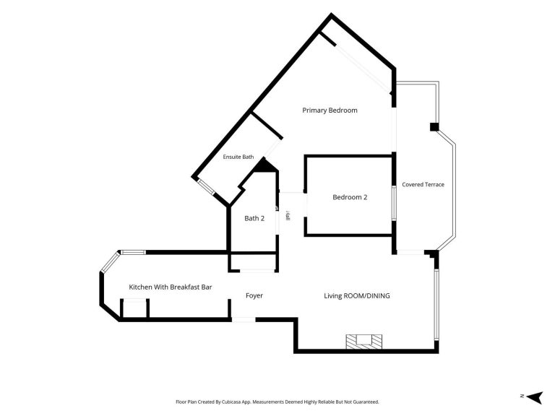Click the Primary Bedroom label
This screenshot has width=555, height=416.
coord(330,110)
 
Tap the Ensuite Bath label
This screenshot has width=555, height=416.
coord(238,157)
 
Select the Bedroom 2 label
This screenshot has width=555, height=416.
coord(350,197)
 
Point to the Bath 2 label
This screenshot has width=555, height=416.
coord(254,218)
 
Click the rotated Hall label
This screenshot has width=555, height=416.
coord(288,216)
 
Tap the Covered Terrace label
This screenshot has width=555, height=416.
coord(423,184)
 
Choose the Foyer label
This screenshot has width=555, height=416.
coord(254,295)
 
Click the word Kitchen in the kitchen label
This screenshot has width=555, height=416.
coord(140,287)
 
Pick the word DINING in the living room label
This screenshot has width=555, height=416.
coord(378,295)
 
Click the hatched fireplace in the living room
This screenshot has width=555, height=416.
coord(364,342)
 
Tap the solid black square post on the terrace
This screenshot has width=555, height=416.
coord(434,126)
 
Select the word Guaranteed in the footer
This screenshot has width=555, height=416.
coord(368,402)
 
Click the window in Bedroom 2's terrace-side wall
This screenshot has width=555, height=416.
coord(393,203)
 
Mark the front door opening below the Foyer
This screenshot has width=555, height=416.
coord(244,320)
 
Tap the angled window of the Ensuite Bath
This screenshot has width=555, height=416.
coord(206,187)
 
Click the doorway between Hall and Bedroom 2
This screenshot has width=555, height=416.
coord(306,204)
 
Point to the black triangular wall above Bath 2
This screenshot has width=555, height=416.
coord(264,165)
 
